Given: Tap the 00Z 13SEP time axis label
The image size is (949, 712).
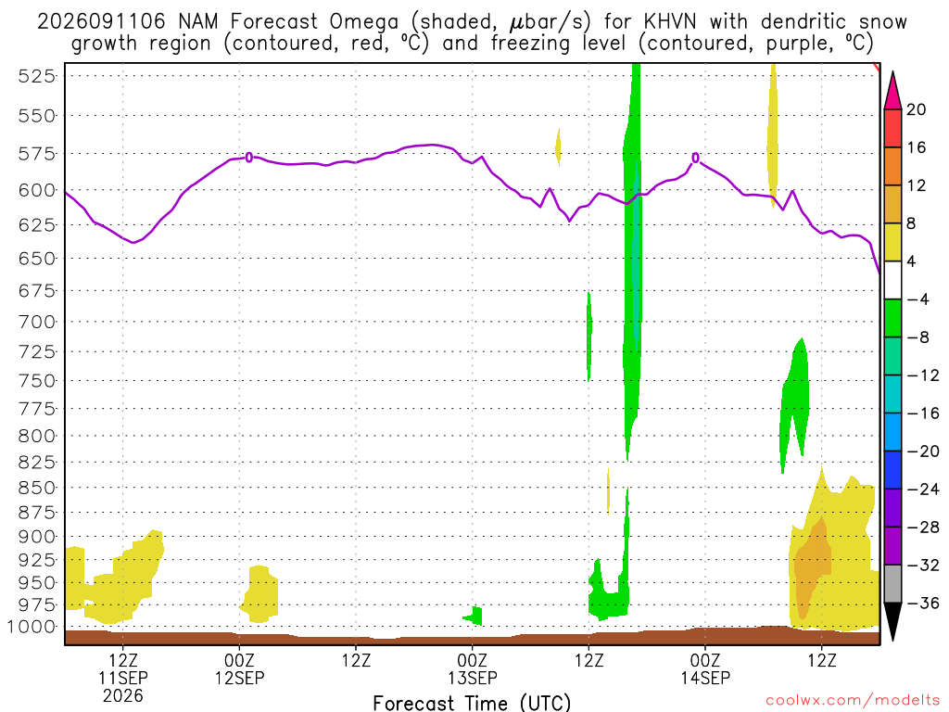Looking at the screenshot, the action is tap(473, 668).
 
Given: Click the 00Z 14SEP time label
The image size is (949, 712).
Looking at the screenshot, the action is tap(705, 668).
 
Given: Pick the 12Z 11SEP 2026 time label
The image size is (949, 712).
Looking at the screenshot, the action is tap(123, 678).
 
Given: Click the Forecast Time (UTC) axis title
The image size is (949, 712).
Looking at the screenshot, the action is tap(472, 703).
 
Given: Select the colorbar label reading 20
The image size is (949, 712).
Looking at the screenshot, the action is tap(917, 109).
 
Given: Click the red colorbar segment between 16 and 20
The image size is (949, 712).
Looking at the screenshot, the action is tap(892, 128).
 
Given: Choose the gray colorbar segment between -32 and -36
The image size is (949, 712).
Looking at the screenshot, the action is tap(892, 584).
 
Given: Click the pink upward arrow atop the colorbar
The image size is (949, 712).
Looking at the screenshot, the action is tap(892, 92).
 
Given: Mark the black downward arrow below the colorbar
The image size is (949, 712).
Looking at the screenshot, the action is tap(892, 620).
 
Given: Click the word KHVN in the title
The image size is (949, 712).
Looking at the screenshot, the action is tap(669, 22).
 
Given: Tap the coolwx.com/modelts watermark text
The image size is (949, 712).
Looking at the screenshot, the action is tap(853, 701).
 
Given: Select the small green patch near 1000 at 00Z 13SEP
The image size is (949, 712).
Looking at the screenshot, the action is tap(474, 616).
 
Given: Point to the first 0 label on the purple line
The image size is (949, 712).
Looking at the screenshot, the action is tap(248, 158).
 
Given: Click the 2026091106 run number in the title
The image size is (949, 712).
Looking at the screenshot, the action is tap(101, 22).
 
